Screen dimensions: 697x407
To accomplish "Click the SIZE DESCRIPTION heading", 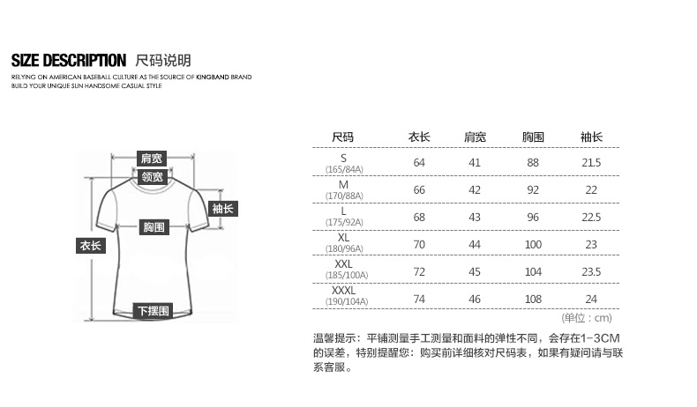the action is point(69,61).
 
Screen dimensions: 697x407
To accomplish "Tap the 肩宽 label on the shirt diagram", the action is point(151,159).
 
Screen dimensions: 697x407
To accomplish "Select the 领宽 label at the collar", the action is point(152,177).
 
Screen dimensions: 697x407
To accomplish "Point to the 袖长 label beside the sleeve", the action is point(223,209).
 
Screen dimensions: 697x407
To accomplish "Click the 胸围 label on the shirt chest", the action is point(154,227).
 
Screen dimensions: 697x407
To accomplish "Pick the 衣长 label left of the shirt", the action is point(91,246).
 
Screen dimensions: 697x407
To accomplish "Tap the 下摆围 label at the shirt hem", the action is point(154,311).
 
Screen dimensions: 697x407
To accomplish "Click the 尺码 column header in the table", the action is point(342,137).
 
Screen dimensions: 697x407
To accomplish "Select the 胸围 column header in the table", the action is point(533,137).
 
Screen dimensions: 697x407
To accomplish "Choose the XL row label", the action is point(343,238).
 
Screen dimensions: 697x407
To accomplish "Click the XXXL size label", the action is point(343,290).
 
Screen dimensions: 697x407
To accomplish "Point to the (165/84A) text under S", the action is point(344,169).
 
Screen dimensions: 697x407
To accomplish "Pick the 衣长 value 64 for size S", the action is point(419,162).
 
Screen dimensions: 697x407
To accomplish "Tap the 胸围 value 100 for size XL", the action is point(533,245).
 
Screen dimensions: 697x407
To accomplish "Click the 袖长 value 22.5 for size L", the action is point(591,217).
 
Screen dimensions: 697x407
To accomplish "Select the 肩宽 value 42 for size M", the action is point(475,190).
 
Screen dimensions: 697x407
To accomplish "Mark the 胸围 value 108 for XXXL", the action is point(533,300).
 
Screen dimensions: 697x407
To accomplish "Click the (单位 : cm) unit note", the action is point(587,318).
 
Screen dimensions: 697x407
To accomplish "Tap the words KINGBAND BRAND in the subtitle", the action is point(224,77).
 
